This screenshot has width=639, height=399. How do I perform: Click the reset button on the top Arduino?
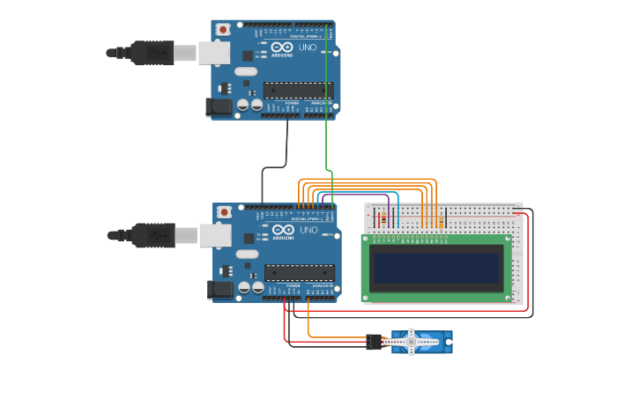tap(223, 29)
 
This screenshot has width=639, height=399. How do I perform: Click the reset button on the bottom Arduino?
tap(224, 212)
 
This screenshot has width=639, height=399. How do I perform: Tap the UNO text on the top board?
tap(308, 47)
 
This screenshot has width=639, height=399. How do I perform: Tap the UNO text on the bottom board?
tap(308, 230)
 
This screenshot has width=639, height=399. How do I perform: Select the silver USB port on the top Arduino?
tap(213, 53)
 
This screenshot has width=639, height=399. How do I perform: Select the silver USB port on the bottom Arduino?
tap(214, 235)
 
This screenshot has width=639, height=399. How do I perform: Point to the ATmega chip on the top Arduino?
tap(298, 90)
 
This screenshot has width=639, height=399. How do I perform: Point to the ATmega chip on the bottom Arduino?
tap(299, 272)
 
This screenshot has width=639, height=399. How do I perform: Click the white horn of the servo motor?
tap(410, 341)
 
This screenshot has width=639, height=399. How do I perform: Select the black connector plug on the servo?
tap(375, 342)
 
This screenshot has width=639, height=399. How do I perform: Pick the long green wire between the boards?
tap(327, 106)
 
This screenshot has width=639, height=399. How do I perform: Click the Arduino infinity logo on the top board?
tap(282, 48)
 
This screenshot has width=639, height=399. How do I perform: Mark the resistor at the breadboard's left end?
tap(383, 218)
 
